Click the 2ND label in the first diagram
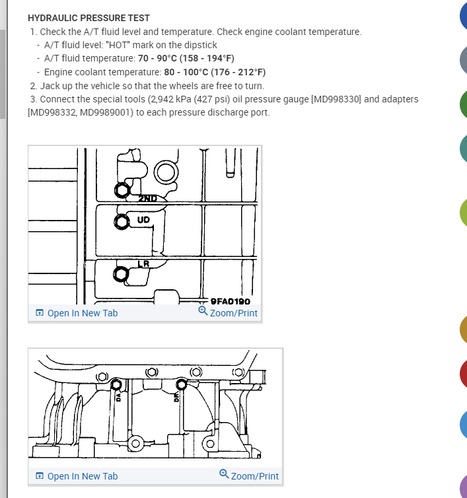147,197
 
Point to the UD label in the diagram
143,219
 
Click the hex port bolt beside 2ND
121,191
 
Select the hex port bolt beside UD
121,222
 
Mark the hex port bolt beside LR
121,274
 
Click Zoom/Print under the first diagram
229,312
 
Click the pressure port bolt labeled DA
116,384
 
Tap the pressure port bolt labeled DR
180,384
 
